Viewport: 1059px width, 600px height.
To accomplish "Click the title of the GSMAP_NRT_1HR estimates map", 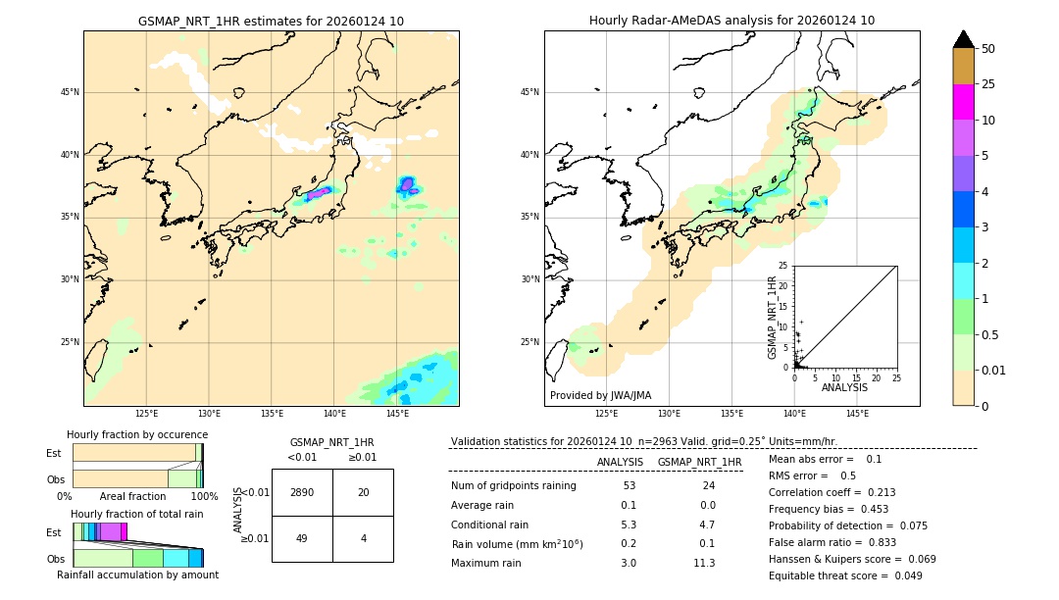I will [x=271, y=21].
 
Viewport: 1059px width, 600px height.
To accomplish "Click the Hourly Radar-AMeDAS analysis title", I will [x=731, y=21].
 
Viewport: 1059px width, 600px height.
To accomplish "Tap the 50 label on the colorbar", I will [x=988, y=48].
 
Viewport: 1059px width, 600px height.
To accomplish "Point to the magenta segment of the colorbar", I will [x=963, y=102].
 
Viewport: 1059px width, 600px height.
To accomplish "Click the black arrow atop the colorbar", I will [x=963, y=39].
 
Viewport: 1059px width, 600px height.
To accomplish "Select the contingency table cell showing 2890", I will [x=302, y=492].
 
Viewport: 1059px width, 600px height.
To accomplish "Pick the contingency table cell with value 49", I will [x=302, y=538].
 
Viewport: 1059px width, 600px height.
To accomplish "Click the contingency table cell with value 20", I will [x=363, y=492].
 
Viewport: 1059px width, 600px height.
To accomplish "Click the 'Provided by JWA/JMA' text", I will [x=600, y=395].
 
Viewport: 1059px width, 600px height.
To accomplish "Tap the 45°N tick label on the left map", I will [x=70, y=92].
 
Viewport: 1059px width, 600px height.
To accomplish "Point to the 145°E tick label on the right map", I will [x=857, y=414].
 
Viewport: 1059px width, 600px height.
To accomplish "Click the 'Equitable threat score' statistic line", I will [x=845, y=575].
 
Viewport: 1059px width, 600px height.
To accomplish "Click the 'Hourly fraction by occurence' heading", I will [x=137, y=434].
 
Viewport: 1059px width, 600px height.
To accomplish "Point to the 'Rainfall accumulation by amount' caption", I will [x=137, y=575].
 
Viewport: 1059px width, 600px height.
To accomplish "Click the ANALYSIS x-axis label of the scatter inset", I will [x=844, y=387].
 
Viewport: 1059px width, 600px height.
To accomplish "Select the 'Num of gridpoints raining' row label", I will [x=513, y=485].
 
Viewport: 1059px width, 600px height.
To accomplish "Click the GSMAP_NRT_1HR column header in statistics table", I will [x=699, y=462].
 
